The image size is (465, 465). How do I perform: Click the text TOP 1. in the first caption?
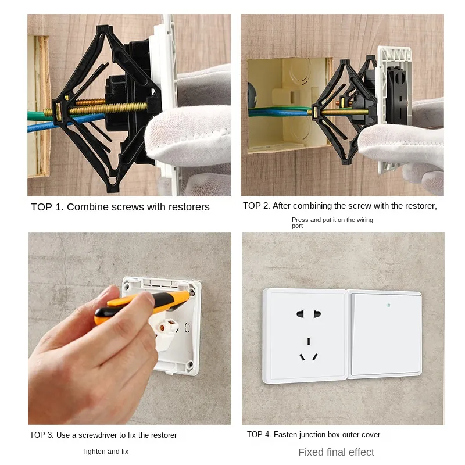tap(47, 207)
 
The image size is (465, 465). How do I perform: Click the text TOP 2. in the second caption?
tap(256, 206)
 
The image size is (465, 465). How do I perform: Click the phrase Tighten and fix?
tap(105, 451)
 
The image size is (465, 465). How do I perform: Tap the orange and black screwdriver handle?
tap(139, 305)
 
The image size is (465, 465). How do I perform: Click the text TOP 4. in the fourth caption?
tap(259, 435)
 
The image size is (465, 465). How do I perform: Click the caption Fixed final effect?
tap(336, 452)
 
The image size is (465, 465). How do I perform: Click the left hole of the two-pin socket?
tap(300, 314)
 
